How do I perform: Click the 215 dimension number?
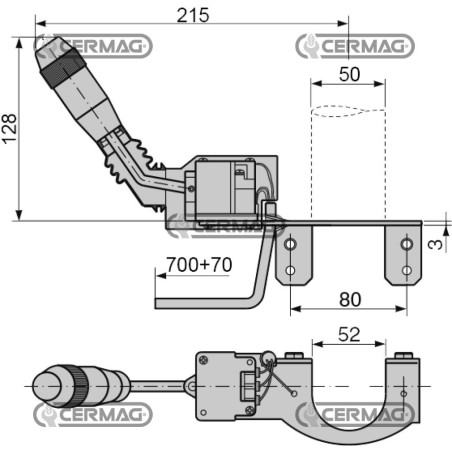pos(193,15)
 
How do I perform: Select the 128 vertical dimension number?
pos(9,129)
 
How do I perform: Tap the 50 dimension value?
pos(349,74)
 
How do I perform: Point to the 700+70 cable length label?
pos(199,265)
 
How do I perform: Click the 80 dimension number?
pos(350,299)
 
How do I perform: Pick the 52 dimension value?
pos(349,334)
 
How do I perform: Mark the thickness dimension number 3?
pos(435,245)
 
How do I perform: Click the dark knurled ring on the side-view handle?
pos(63,69)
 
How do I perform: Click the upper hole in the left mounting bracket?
pos(290,244)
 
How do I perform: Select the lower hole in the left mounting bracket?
pos(290,270)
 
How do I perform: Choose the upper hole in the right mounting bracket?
pos(406,244)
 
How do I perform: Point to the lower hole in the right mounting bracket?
pos(406,270)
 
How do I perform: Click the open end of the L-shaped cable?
pos(156,303)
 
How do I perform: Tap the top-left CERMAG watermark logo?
pos(93,46)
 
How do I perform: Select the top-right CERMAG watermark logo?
pos(355,46)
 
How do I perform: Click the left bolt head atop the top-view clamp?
pos(294,355)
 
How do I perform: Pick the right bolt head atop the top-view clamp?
pos(404,355)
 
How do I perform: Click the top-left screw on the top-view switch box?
pos(203,360)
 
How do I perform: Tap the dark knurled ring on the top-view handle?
pos(77,386)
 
